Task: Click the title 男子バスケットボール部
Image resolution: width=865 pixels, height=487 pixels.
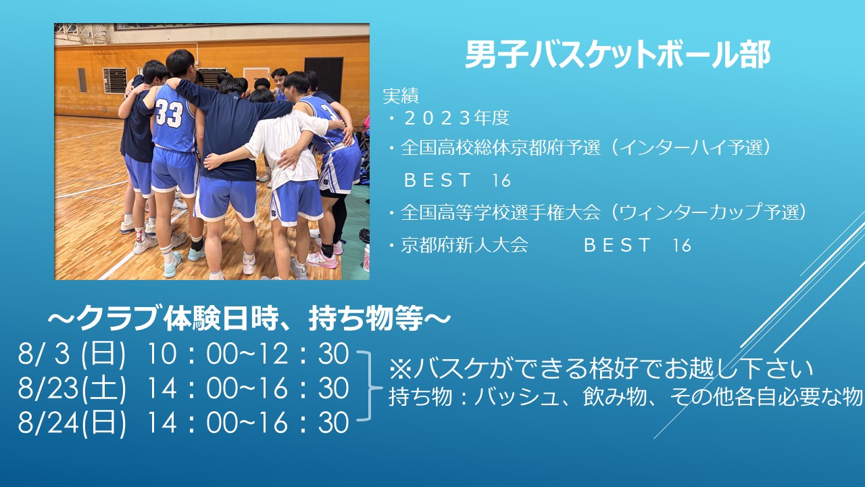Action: tap(618, 55)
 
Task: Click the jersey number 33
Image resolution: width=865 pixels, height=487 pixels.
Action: tap(169, 113)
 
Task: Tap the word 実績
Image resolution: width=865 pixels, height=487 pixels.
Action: tap(401, 96)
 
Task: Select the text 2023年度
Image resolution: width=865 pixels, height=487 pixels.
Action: tap(456, 118)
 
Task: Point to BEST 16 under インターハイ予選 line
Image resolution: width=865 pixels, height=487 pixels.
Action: tap(458, 181)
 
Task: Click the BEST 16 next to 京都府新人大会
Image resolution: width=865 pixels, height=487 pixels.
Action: tap(637, 245)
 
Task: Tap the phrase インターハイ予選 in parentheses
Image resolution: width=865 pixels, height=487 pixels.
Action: tap(691, 147)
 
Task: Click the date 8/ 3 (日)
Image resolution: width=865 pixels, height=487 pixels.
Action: tap(72, 354)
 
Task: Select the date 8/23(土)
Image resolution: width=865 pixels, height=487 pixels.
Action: tap(72, 388)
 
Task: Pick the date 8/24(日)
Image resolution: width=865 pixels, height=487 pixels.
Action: tap(72, 423)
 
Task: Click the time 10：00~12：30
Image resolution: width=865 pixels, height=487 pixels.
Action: tap(247, 354)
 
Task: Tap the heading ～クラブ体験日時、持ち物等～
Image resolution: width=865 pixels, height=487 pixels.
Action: tap(249, 318)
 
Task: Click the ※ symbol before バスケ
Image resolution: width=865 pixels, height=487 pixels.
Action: tap(401, 369)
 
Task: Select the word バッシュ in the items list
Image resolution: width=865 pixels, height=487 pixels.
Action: tap(518, 396)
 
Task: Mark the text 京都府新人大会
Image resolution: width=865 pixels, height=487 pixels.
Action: tap(464, 245)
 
